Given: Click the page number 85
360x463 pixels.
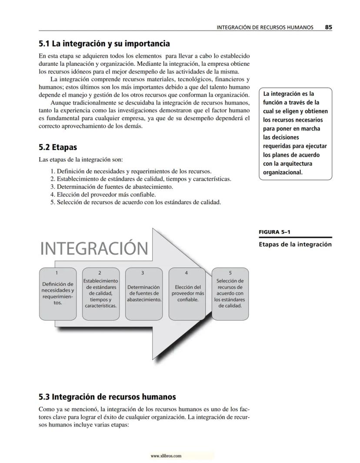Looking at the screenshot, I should (x=328, y=27).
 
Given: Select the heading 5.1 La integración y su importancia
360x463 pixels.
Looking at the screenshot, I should (x=104, y=44).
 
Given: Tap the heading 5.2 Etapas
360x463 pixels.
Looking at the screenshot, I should (x=58, y=148).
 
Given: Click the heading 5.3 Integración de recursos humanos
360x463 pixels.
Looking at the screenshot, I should (x=107, y=397).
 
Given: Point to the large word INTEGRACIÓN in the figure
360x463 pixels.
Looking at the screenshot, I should (x=94, y=249).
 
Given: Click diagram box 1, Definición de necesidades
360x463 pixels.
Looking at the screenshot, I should (x=58, y=294).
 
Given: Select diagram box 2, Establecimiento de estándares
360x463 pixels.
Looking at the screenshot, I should (x=100, y=294).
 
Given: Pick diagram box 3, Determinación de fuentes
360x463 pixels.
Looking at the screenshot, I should (x=143, y=294).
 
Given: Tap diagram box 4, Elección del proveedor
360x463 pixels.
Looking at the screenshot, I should (x=187, y=294).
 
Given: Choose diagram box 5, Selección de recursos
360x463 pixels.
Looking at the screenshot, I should (x=230, y=294).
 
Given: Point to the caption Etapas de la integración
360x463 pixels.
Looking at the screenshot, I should (x=295, y=244).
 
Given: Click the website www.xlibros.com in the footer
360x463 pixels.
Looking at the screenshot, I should (x=166, y=456).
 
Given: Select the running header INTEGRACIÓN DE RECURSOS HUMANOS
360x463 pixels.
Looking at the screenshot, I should (x=265, y=27).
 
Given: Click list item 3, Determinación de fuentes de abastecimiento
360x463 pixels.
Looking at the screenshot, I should (x=112, y=187).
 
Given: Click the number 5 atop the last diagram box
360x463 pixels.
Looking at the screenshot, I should (x=230, y=273).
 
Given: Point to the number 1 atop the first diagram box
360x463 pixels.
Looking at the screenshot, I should (x=57, y=273).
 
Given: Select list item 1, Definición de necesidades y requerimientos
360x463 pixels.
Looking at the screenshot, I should (x=131, y=171).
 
